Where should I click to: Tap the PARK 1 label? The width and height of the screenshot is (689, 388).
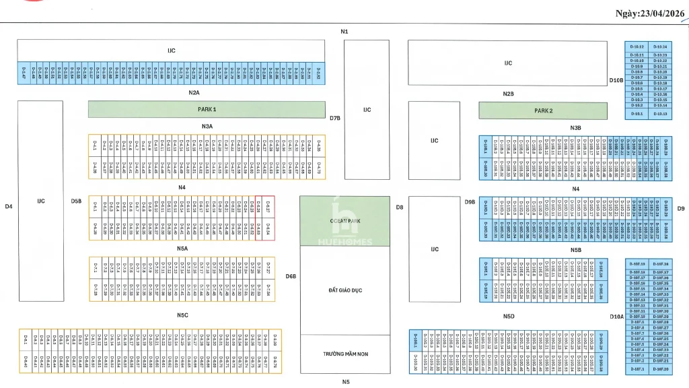pos(207,109)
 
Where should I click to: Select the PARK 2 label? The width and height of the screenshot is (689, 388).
pos(544,110)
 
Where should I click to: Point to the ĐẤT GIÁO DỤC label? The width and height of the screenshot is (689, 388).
pos(343,290)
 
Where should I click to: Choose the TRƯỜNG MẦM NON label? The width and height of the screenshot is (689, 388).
pos(343,354)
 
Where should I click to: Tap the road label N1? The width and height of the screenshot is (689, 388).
pos(344,32)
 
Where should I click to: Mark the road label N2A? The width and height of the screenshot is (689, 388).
pos(194,92)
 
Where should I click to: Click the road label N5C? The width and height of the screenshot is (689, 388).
pos(182,315)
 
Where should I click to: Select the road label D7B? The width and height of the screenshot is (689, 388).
pos(335,118)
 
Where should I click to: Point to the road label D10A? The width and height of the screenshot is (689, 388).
pos(617,316)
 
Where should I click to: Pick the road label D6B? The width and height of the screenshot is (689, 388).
pos(291,276)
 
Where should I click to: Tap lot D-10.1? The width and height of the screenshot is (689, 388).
pos(637,114)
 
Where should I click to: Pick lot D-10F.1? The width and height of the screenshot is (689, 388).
pos(637,369)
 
